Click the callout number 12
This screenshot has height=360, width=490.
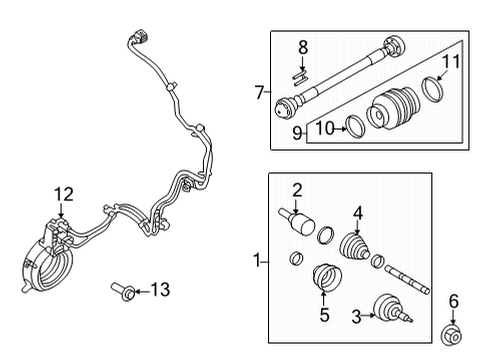[x=63, y=194]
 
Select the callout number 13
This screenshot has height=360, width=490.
[x=159, y=290]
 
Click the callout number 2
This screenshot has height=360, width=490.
[x=296, y=190]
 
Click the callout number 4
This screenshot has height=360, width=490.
[x=358, y=212]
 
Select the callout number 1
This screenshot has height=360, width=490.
[x=258, y=261]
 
